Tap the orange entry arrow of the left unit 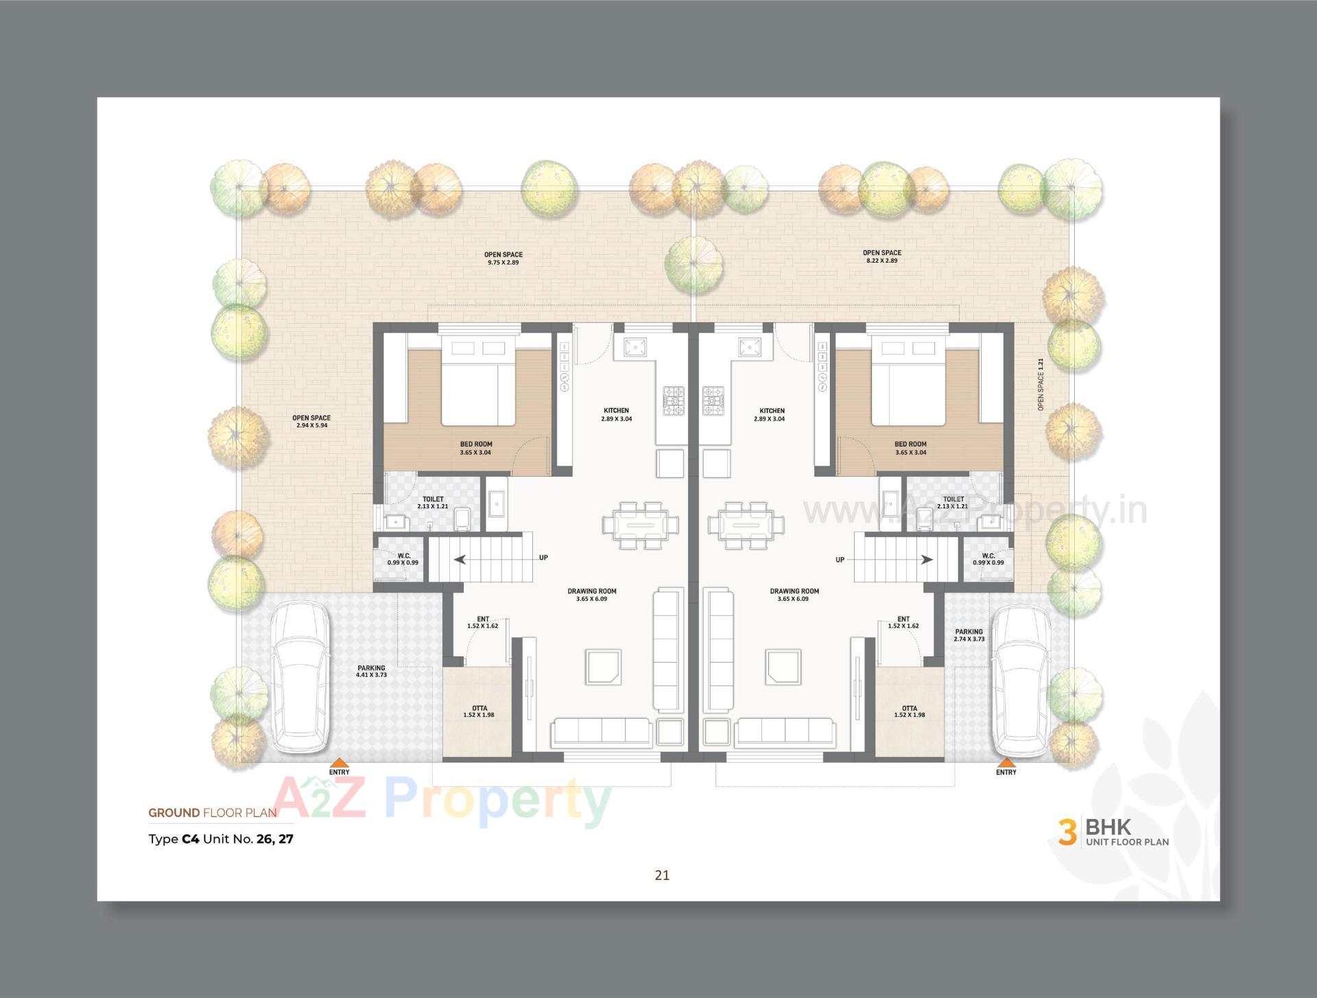tap(339, 762)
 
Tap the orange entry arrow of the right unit tap(1006, 762)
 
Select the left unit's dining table tap(641, 525)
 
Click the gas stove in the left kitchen tap(673, 401)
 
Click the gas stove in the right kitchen tap(713, 401)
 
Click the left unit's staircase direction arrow tap(459, 559)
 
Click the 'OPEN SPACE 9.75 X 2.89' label tap(503, 258)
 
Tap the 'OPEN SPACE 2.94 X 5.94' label tap(311, 421)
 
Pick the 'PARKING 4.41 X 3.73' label tap(371, 671)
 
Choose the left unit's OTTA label tap(479, 711)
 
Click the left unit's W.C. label tap(403, 559)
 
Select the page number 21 tap(662, 875)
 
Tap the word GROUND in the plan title tap(174, 813)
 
